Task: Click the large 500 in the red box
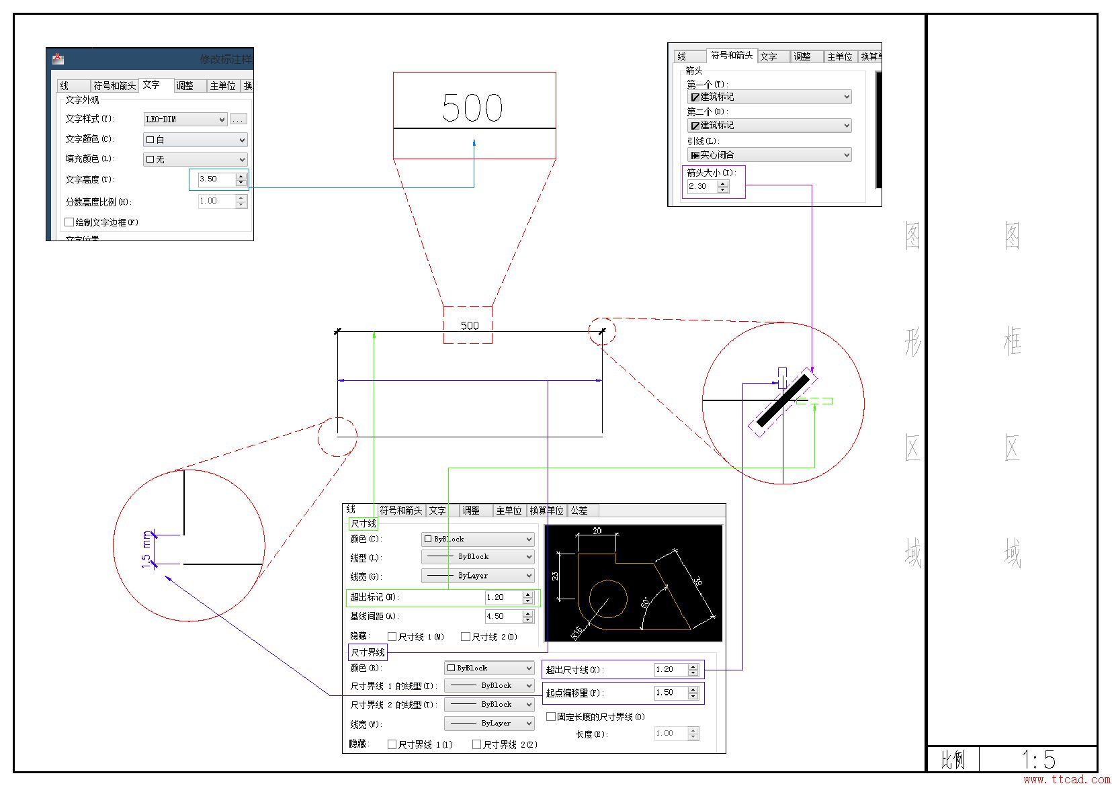pos(472,108)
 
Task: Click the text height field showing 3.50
pos(215,179)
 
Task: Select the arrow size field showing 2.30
pos(701,187)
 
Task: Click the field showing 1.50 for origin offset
pos(670,693)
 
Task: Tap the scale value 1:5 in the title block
pos(1038,760)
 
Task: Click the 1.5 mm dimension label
pos(146,550)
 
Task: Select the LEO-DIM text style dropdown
pos(185,120)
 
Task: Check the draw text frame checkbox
pos(69,222)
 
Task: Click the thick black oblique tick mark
pos(783,401)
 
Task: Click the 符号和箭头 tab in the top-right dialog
pos(732,56)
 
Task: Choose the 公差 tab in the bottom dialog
pos(579,511)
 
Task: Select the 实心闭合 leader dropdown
pos(769,155)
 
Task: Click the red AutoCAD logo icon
pos(58,58)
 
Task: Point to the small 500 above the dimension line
pos(470,326)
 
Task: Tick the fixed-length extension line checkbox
pos(551,717)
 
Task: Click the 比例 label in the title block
pos(953,760)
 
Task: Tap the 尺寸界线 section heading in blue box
pos(368,652)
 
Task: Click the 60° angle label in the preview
pos(645,603)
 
